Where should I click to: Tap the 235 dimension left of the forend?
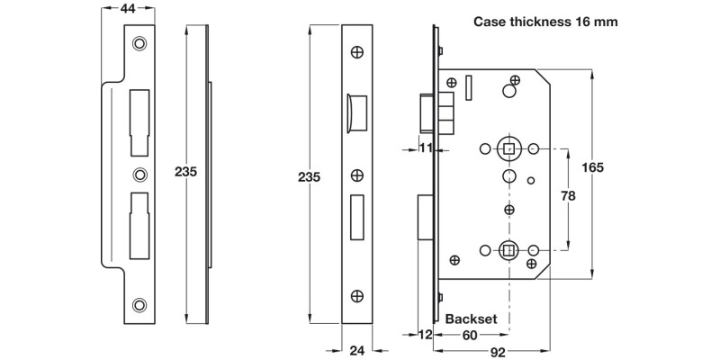(x=309, y=177)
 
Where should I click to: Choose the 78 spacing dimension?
(x=569, y=196)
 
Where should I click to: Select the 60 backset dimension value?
(x=470, y=336)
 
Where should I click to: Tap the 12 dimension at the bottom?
(x=425, y=336)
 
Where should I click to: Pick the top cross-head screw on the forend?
(x=357, y=53)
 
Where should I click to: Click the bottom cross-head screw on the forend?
(x=357, y=294)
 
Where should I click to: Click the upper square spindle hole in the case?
(x=508, y=147)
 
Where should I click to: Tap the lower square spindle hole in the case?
(x=508, y=249)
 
